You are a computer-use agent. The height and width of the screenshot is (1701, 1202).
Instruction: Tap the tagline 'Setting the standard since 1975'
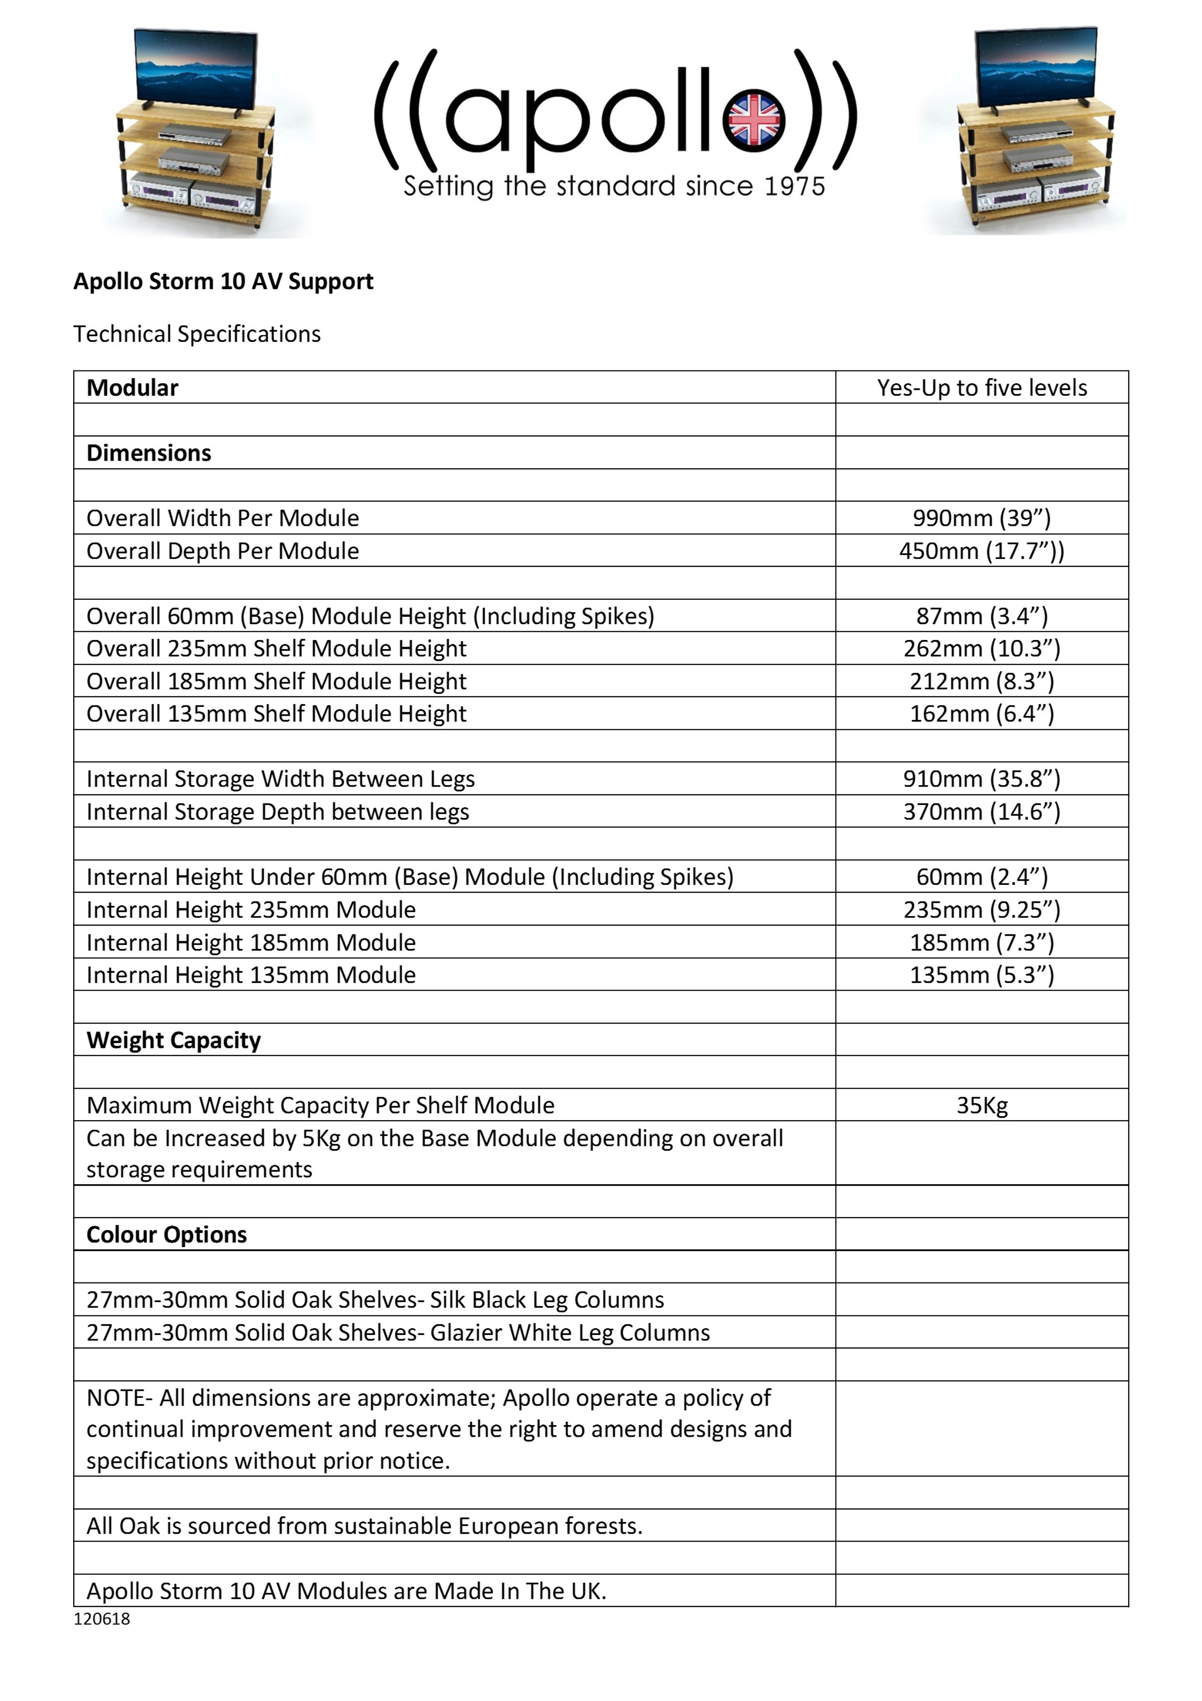coord(614,186)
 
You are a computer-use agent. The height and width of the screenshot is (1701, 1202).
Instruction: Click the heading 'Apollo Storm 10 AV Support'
coord(223,282)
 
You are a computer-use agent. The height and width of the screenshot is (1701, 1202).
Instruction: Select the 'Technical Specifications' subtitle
coord(196,334)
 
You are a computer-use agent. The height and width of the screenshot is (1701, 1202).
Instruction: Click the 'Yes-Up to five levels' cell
coord(981,387)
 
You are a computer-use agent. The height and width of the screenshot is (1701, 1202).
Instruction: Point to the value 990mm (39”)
coord(981,518)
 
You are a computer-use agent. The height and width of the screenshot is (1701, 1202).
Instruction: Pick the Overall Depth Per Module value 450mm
coord(981,550)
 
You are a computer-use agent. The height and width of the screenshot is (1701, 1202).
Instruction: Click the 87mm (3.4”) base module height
coord(981,616)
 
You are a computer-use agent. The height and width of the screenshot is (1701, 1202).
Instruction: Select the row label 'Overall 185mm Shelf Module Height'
coord(276,681)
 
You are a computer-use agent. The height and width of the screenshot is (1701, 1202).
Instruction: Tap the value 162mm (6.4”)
coord(981,713)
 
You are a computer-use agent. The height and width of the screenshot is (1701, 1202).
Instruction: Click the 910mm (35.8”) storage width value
coord(981,779)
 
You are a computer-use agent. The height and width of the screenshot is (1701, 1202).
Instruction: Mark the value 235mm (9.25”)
coord(981,909)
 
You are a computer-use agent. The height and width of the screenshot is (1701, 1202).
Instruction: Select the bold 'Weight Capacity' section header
coord(174,1040)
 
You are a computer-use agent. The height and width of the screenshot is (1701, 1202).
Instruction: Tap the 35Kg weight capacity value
coord(981,1106)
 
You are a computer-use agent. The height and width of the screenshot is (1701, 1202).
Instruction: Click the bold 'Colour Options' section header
coord(167,1234)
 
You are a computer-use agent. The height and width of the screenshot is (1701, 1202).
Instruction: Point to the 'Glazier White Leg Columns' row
coord(398,1332)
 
